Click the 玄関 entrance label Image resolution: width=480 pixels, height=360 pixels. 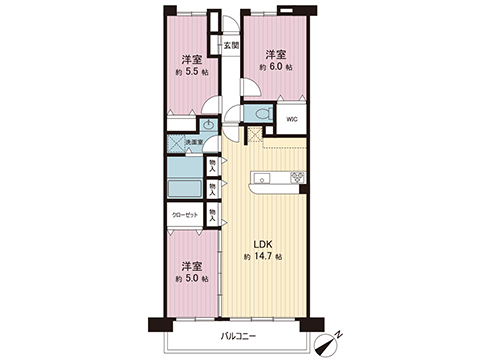click(231, 45)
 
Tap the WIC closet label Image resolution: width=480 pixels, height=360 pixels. click(291, 119)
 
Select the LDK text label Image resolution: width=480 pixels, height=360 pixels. click(260, 244)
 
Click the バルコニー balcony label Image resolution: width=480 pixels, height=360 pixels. click(238, 336)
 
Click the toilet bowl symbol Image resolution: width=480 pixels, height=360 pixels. click(259, 116)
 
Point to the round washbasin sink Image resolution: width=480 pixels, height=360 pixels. click(207, 125)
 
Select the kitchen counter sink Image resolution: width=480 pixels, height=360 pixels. click(264, 180)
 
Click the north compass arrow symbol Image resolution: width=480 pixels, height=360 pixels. click(329, 342)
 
